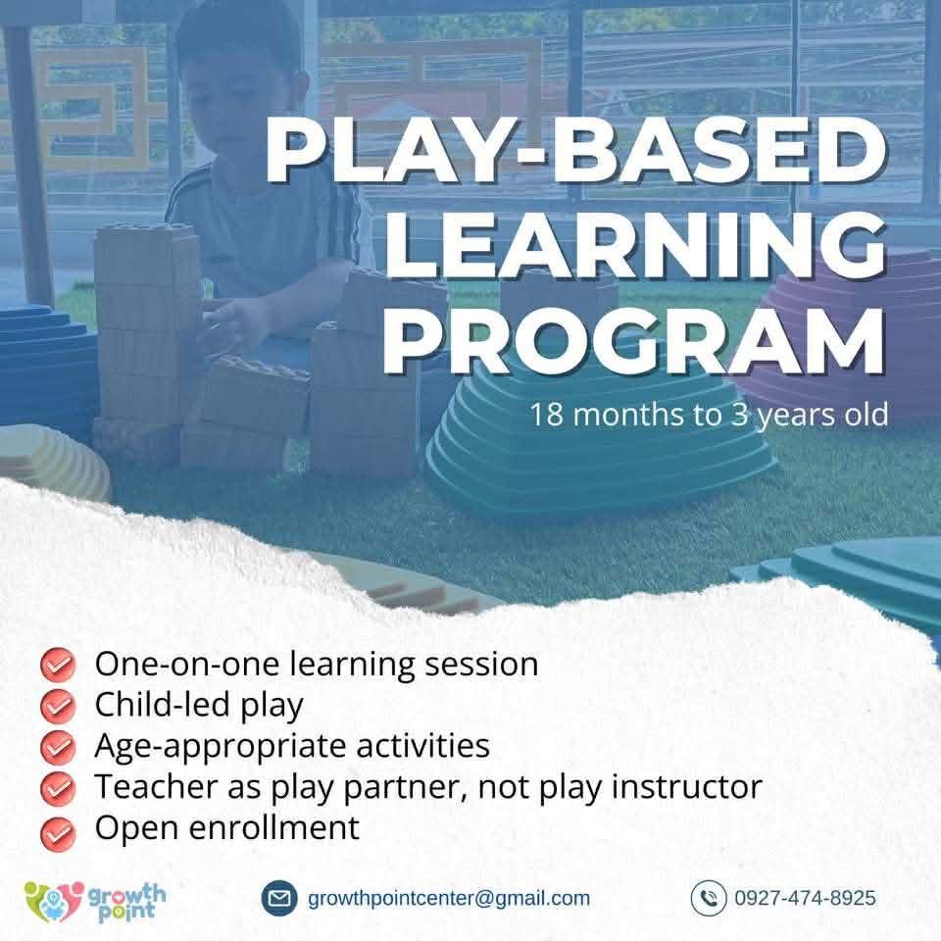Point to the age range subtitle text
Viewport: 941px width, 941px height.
709,414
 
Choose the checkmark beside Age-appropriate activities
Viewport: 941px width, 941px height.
58,747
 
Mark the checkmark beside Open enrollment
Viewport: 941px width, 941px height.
58,830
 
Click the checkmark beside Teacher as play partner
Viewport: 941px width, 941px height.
58,787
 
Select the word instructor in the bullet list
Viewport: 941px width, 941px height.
685,786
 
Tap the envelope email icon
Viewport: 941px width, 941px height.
279,897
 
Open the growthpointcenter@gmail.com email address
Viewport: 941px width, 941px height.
449,898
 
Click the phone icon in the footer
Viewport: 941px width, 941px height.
708,898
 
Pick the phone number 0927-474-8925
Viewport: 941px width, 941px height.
805,898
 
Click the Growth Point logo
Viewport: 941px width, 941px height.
95,898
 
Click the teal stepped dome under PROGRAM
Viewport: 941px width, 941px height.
588,441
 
